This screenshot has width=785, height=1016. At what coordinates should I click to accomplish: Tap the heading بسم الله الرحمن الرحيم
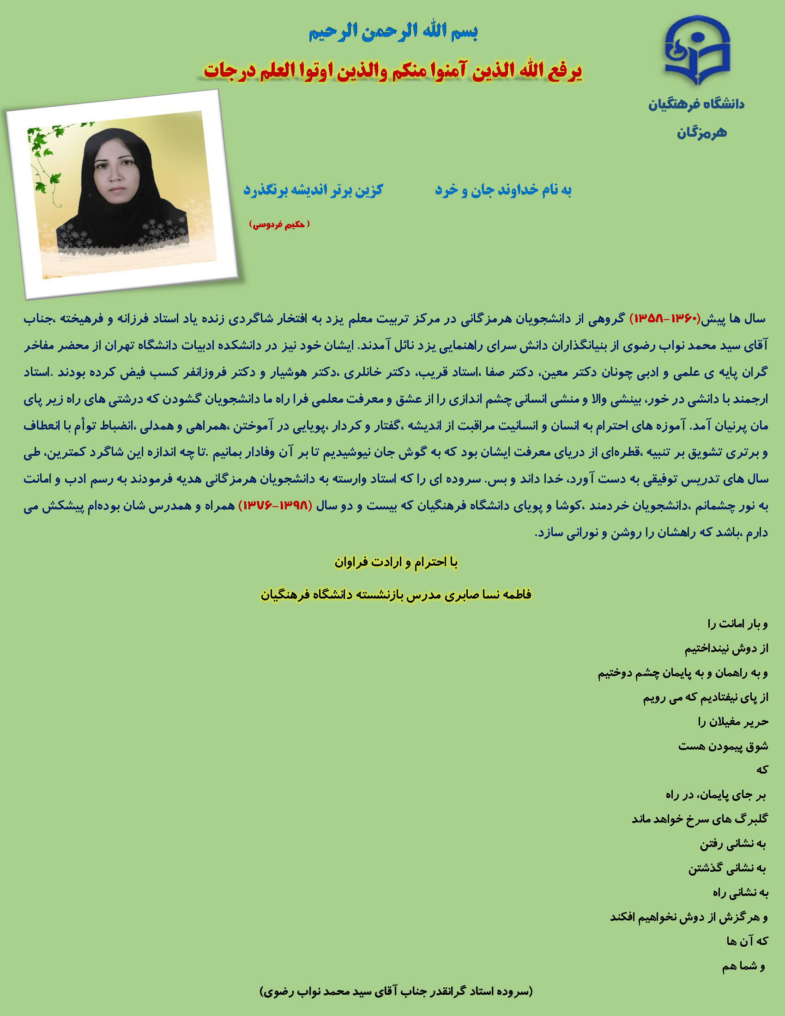pyautogui.click(x=393, y=31)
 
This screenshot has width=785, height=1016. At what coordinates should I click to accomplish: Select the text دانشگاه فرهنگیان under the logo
pyautogui.click(x=696, y=104)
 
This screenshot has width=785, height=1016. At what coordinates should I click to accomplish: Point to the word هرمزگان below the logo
pyautogui.click(x=701, y=133)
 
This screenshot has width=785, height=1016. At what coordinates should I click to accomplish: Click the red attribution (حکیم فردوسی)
pyautogui.click(x=279, y=224)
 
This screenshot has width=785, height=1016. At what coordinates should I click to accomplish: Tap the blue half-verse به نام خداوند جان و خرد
pyautogui.click(x=503, y=190)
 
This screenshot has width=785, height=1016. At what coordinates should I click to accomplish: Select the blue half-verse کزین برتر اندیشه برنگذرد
pyautogui.click(x=313, y=190)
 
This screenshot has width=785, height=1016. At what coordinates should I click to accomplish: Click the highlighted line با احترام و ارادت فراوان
pyautogui.click(x=396, y=562)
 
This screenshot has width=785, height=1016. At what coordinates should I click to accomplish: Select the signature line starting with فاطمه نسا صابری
pyautogui.click(x=396, y=594)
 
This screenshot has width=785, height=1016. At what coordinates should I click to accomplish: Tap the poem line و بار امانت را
pyautogui.click(x=737, y=623)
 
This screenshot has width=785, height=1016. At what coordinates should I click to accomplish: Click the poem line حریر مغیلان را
pyautogui.click(x=733, y=721)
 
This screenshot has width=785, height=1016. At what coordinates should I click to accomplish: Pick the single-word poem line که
pyautogui.click(x=761, y=770)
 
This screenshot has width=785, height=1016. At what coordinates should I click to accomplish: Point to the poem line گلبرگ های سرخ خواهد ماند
pyautogui.click(x=700, y=819)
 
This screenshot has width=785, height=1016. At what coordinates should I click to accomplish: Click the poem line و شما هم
pyautogui.click(x=743, y=966)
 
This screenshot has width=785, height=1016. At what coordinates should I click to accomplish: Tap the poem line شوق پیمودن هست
pyautogui.click(x=723, y=746)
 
